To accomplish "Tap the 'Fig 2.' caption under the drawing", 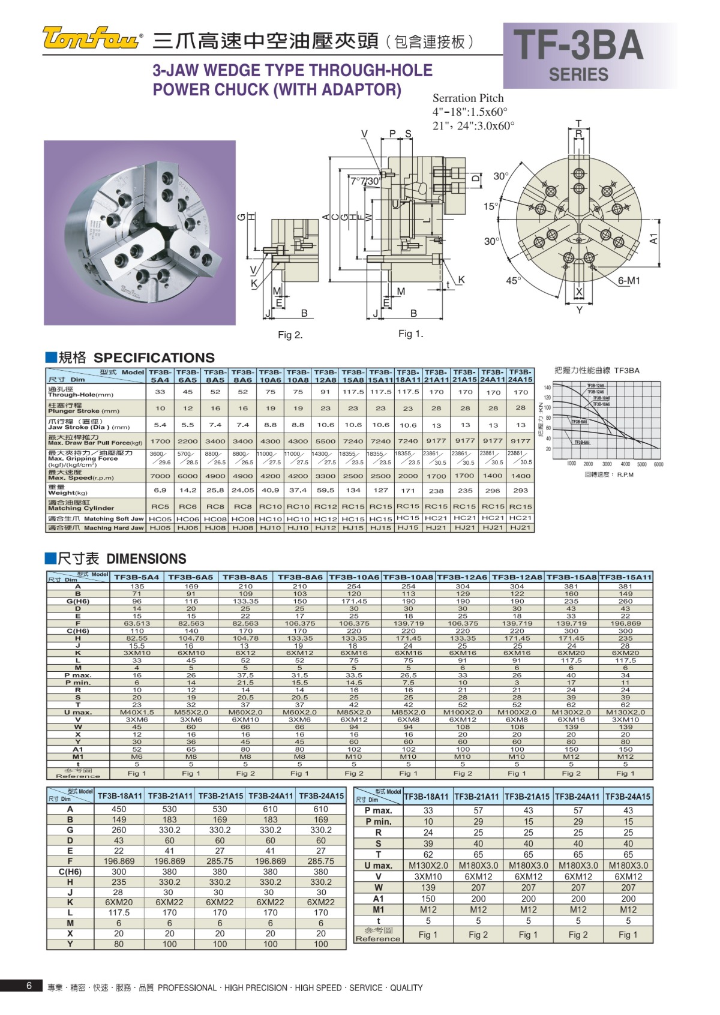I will point(290,335).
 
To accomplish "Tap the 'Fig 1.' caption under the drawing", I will point(411,334).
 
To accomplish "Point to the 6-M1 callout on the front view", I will point(629,281).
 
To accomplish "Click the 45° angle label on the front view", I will point(514,280).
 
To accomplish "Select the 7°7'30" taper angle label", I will point(365,181).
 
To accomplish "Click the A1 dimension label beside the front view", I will point(653,239).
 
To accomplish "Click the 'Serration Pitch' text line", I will point(468,98).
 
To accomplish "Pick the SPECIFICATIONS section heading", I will point(154,358).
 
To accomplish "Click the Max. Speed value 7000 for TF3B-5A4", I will point(160,476).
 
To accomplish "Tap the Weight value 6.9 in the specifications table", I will point(160,490).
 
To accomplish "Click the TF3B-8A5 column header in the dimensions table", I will point(245,577).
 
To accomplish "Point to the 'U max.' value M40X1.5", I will point(137,713).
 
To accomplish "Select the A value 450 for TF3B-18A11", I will point(119,809).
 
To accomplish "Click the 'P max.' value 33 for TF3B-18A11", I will point(428,810).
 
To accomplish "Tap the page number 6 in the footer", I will point(29,986).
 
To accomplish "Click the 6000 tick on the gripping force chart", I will point(658,464).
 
